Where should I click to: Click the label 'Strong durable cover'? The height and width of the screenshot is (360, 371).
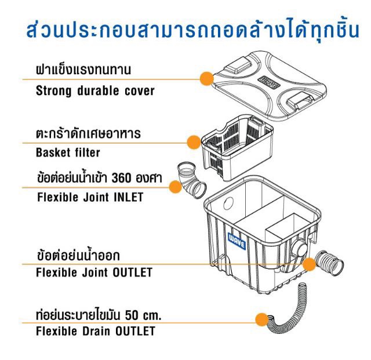[95, 90]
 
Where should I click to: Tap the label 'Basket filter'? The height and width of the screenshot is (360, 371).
[68, 153]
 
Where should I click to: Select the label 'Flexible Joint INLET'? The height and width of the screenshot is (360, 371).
[90, 197]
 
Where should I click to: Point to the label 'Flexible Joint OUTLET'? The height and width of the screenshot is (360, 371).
[94, 271]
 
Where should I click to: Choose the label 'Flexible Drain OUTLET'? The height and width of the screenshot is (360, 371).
[95, 332]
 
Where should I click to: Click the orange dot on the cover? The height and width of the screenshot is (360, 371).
[206, 79]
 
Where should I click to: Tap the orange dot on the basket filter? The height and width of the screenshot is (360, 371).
[194, 141]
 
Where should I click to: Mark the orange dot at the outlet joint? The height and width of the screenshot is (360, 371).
[310, 264]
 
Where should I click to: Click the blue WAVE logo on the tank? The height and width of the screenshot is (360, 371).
[238, 241]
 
